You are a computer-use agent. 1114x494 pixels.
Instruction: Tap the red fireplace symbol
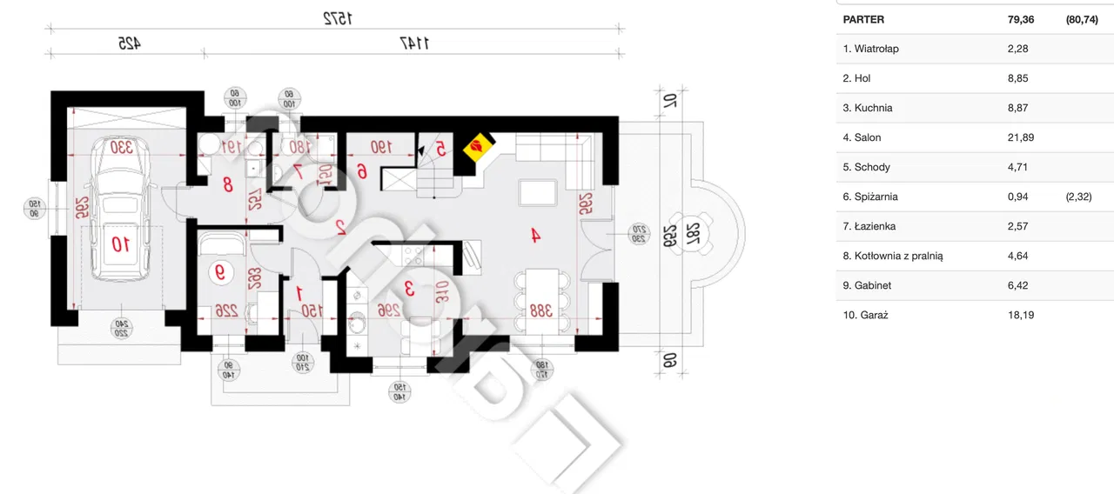477,148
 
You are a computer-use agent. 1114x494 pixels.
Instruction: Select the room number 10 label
120,244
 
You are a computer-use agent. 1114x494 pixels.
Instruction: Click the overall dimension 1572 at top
337,18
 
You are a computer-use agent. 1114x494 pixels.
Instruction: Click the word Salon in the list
867,137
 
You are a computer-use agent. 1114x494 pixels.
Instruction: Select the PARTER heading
863,19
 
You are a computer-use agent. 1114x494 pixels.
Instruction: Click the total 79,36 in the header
1020,19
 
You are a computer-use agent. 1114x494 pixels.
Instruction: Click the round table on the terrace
693,232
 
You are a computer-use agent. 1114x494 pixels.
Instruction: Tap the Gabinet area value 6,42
1017,285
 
